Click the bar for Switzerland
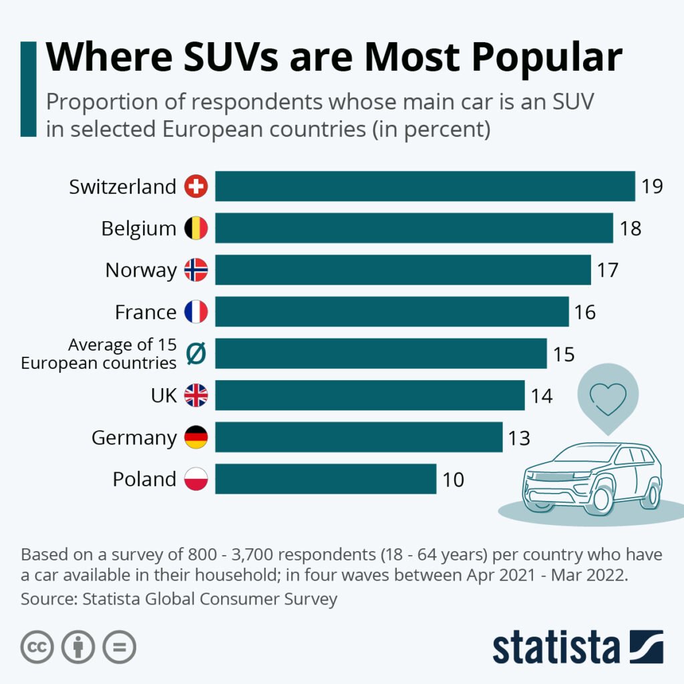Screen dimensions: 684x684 [425, 186]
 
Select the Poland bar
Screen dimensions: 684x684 [325, 479]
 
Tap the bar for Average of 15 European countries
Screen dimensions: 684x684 [381, 353]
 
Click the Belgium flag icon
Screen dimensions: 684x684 [196, 228]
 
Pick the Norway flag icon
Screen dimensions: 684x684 [196, 270]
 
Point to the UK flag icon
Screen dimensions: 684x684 [196, 395]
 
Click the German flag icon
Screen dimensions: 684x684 [196, 438]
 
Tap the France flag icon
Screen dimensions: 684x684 [196, 312]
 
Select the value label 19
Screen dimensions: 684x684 [651, 186]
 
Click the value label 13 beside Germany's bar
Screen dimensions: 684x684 [518, 438]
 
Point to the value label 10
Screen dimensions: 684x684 [452, 480]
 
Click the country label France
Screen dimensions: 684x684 [146, 312]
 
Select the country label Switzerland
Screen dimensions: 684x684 [122, 186]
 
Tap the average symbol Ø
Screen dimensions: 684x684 [196, 354]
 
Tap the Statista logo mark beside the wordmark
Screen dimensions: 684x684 [646, 647]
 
